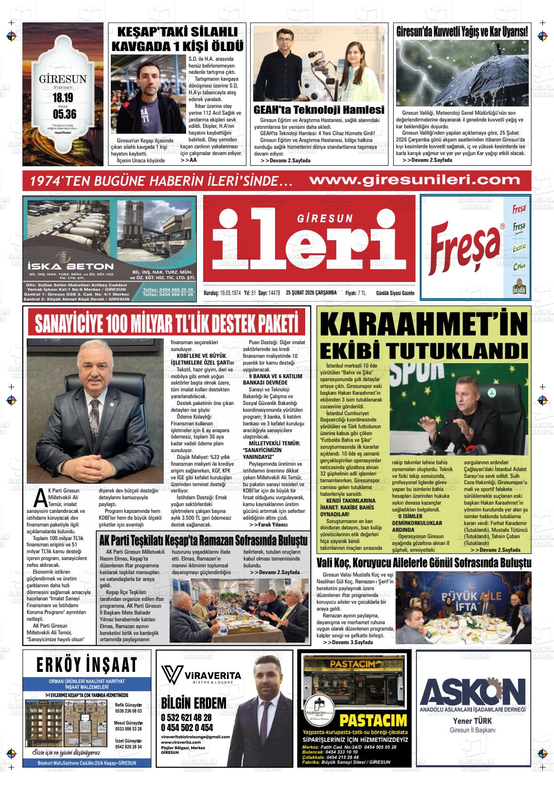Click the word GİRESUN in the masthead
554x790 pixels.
pyautogui.click(x=325, y=219)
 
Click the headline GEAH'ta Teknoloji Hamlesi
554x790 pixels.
pyautogui.click(x=319, y=109)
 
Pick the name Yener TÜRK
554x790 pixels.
pyautogui.click(x=472, y=721)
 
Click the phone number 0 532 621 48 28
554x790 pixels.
pyautogui.click(x=186, y=718)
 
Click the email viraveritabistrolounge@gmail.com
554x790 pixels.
pyautogui.click(x=195, y=737)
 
